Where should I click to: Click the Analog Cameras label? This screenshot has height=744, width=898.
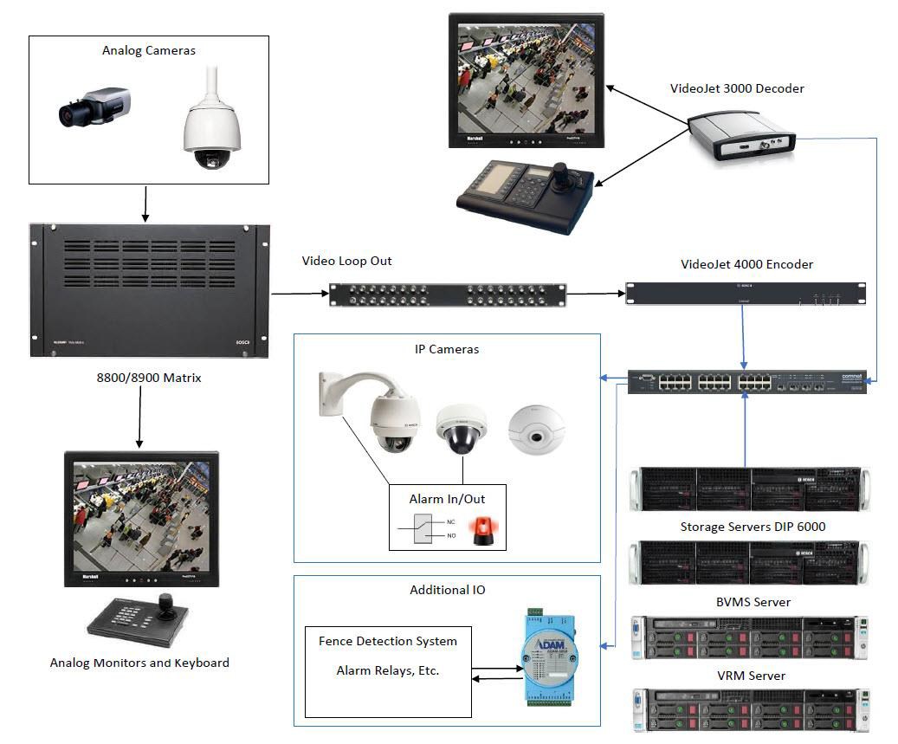tap(148, 50)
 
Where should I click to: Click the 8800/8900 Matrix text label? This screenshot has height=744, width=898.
tap(148, 378)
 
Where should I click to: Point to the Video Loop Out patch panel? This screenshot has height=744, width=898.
tap(448, 295)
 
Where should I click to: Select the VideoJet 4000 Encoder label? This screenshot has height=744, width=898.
tap(746, 264)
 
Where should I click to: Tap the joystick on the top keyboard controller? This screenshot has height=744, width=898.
tap(561, 171)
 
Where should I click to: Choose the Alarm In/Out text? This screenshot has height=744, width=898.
tap(447, 499)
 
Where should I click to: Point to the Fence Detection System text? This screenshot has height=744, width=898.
tap(387, 641)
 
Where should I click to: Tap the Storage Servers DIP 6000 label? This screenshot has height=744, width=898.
tap(747, 527)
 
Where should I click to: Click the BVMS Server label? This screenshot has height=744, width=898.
tap(747, 602)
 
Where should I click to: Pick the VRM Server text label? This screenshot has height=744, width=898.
tap(747, 676)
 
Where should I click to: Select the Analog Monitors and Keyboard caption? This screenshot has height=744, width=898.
tap(139, 663)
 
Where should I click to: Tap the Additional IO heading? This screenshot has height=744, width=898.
tap(447, 590)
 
